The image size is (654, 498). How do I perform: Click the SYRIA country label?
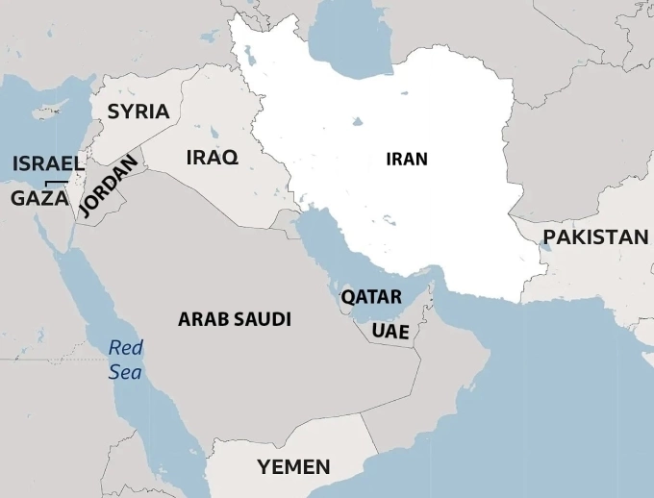(138, 112)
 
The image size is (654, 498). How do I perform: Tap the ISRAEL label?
(48, 163)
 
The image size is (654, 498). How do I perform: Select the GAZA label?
(39, 198)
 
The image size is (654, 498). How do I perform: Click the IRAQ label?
(212, 158)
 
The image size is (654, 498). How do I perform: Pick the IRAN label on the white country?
(406, 160)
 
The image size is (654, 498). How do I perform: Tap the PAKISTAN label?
(595, 237)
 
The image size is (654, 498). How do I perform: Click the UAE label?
(390, 332)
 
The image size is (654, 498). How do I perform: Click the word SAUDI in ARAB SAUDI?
(264, 319)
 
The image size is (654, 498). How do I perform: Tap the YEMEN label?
(293, 467)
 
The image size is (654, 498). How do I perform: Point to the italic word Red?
(125, 348)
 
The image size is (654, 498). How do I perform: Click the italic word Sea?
(125, 371)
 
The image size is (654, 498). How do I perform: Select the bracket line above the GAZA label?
(57, 182)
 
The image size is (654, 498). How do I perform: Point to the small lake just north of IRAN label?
(359, 122)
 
